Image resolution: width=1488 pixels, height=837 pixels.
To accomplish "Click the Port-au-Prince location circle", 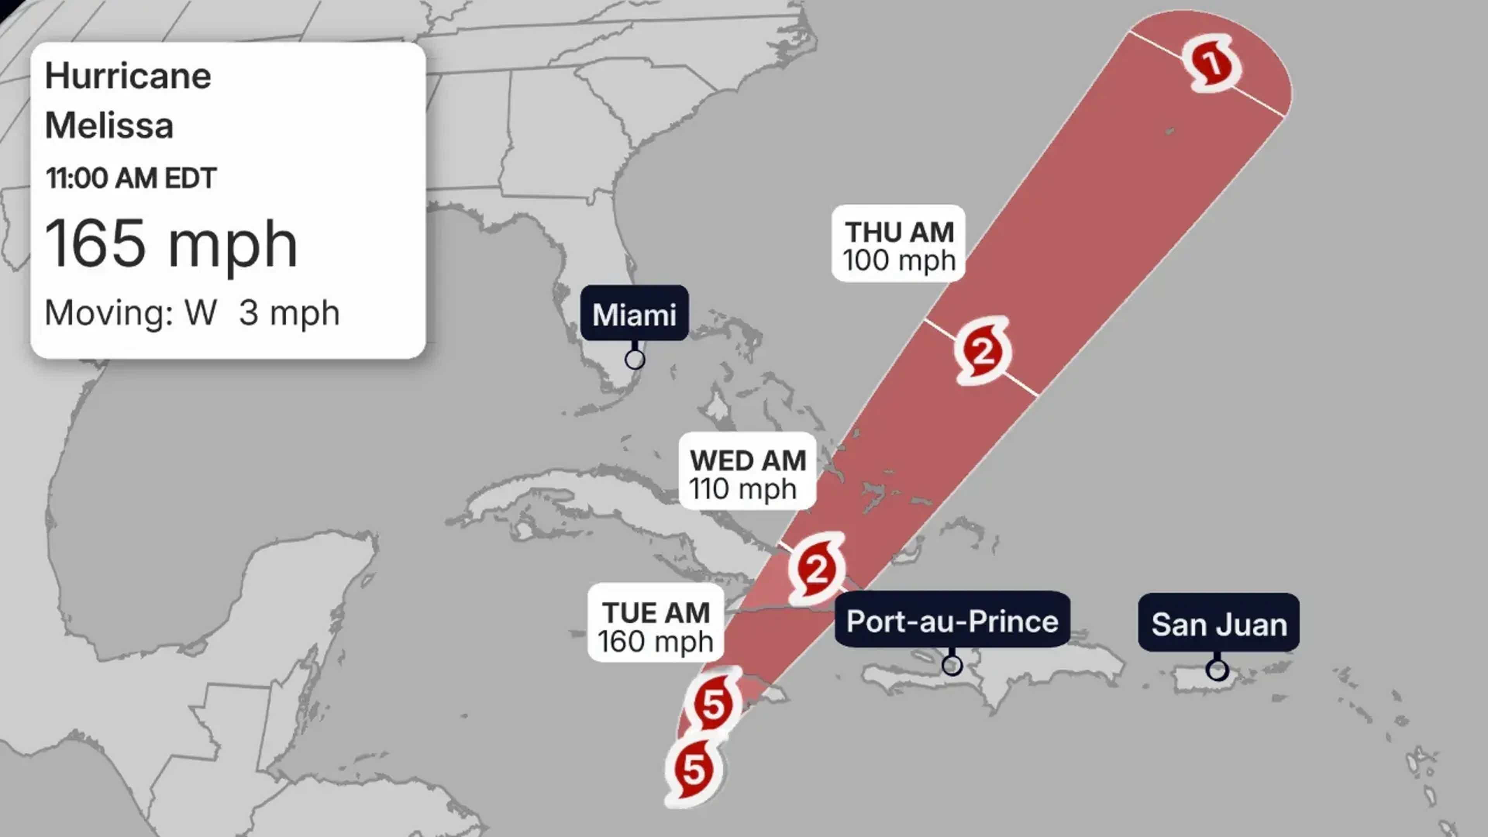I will coord(952,665).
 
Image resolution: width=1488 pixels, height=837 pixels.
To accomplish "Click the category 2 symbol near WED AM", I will coord(816,569).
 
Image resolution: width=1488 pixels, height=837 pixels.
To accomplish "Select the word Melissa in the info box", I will coord(109,125).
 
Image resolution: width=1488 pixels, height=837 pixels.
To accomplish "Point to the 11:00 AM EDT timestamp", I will coord(131,178).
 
